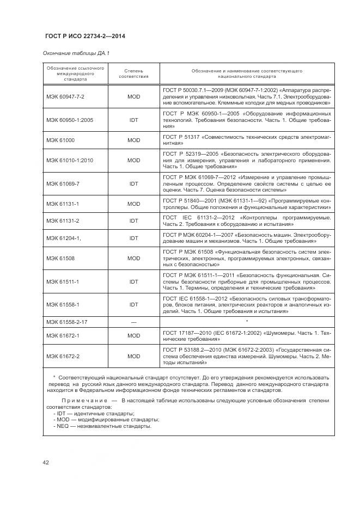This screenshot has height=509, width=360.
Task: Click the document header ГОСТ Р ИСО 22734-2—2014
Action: [84, 36]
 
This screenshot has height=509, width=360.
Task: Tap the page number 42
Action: [46, 463]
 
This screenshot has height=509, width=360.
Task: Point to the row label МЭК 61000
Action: [60, 139]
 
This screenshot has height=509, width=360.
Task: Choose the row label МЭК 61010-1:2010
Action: [70, 161]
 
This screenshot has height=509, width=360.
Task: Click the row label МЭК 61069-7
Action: [63, 183]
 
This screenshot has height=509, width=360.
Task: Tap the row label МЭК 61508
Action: [60, 258]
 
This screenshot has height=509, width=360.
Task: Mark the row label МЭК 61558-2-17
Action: [66, 322]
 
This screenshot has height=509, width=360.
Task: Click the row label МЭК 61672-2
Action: [63, 356]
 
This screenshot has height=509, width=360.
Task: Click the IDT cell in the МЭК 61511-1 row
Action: [133, 281]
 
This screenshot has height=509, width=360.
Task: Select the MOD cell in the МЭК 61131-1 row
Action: [133, 203]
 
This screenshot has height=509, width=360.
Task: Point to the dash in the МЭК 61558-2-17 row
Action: [133, 322]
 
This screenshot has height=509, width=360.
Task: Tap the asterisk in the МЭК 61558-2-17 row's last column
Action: [247, 321]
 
